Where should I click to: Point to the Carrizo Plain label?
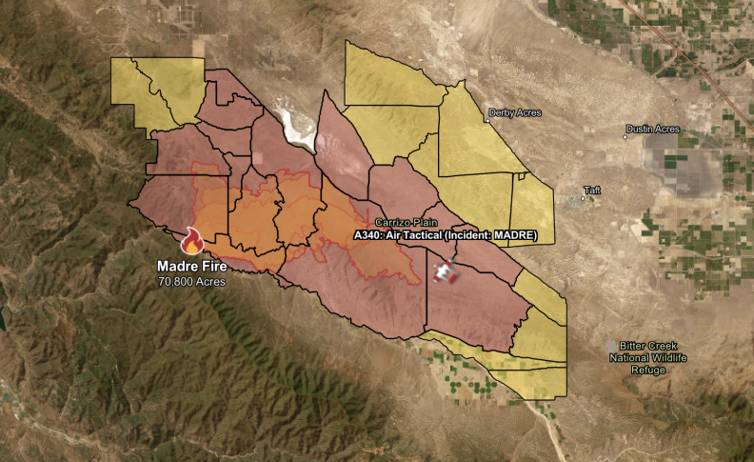[407, 222]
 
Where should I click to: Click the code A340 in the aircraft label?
[368, 234]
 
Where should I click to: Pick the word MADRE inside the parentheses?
[515, 234]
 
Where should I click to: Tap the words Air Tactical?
[416, 234]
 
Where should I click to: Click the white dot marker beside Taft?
[584, 199]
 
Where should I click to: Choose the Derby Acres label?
[515, 112]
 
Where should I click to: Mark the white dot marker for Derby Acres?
[486, 119]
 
